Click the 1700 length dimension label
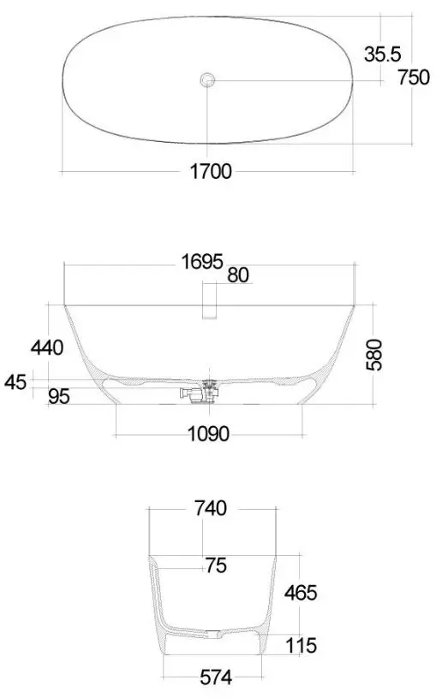pyautogui.click(x=211, y=171)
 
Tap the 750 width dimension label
pyautogui.click(x=414, y=78)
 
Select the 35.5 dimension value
pyautogui.click(x=382, y=54)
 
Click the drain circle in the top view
pyautogui.click(x=207, y=80)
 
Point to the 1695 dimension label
pyautogui.click(x=202, y=262)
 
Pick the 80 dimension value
pyautogui.click(x=238, y=275)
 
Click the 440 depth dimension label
pyautogui.click(x=47, y=347)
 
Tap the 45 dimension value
pyautogui.click(x=15, y=382)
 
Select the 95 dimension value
pyautogui.click(x=59, y=396)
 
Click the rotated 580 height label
pyautogui.click(x=373, y=355)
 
